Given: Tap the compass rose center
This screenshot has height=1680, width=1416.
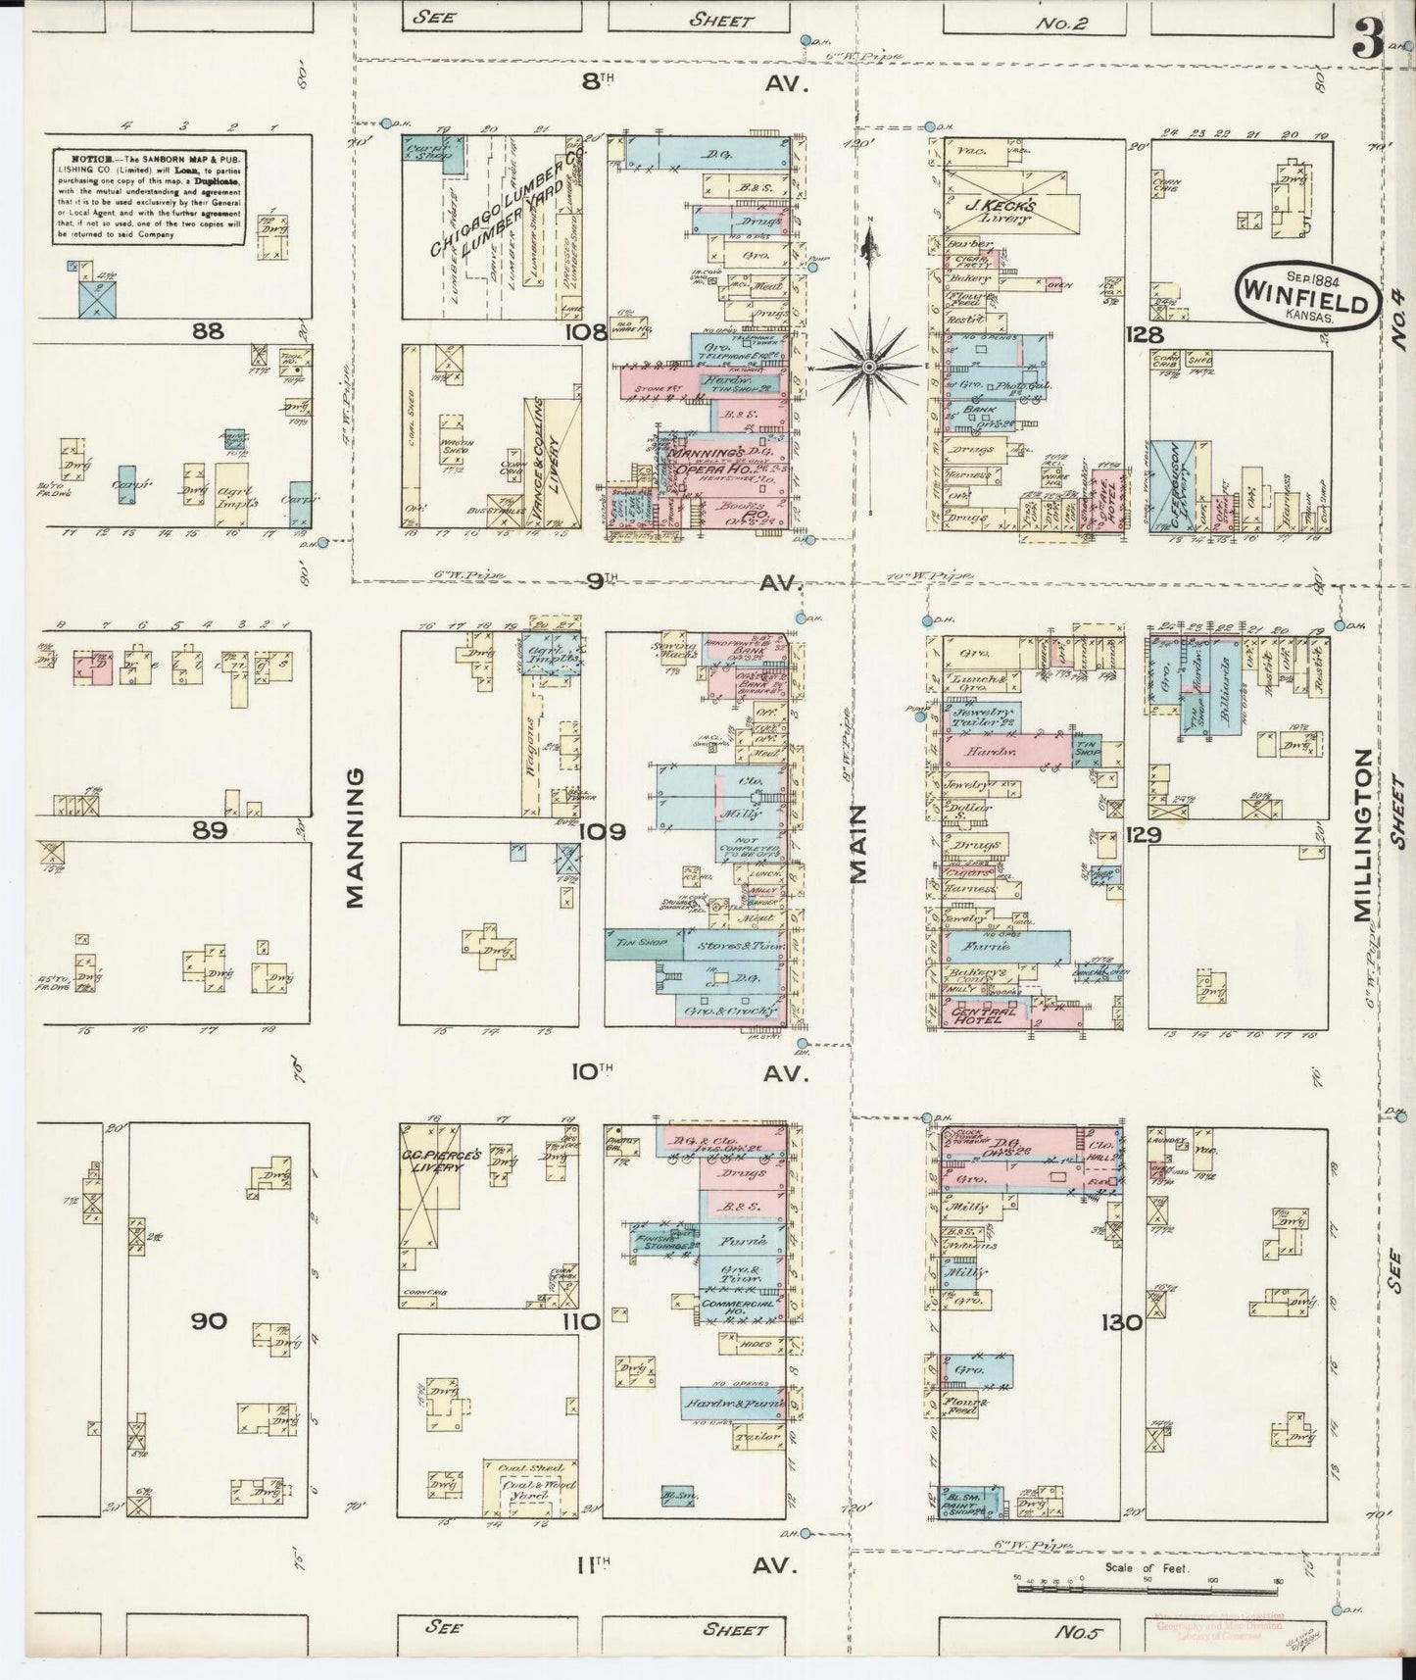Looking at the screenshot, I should pyautogui.click(x=869, y=366).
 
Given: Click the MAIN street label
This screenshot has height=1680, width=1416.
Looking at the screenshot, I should pyautogui.click(x=859, y=844).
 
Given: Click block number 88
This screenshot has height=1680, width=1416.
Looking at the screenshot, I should pyautogui.click(x=208, y=331).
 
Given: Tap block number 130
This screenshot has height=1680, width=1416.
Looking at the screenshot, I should pyautogui.click(x=1120, y=1322).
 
